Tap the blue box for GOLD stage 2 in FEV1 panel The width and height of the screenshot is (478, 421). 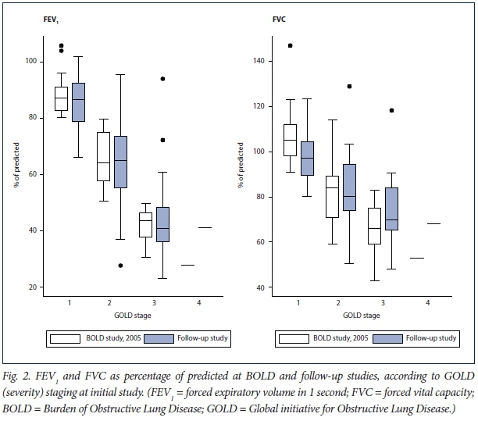coord(119,162)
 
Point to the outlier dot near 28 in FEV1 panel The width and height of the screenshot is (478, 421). coord(120,266)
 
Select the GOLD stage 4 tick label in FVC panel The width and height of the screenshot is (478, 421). coord(427,301)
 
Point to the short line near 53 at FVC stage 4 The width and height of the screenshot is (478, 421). coord(416,258)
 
